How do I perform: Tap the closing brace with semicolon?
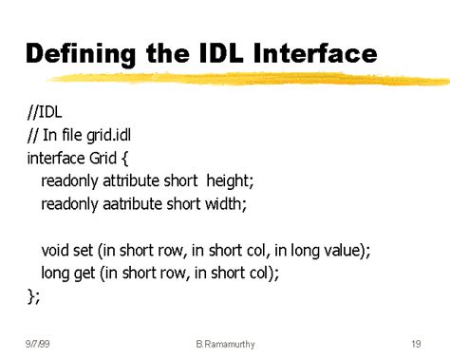point(34,296)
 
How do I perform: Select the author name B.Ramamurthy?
point(224,343)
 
